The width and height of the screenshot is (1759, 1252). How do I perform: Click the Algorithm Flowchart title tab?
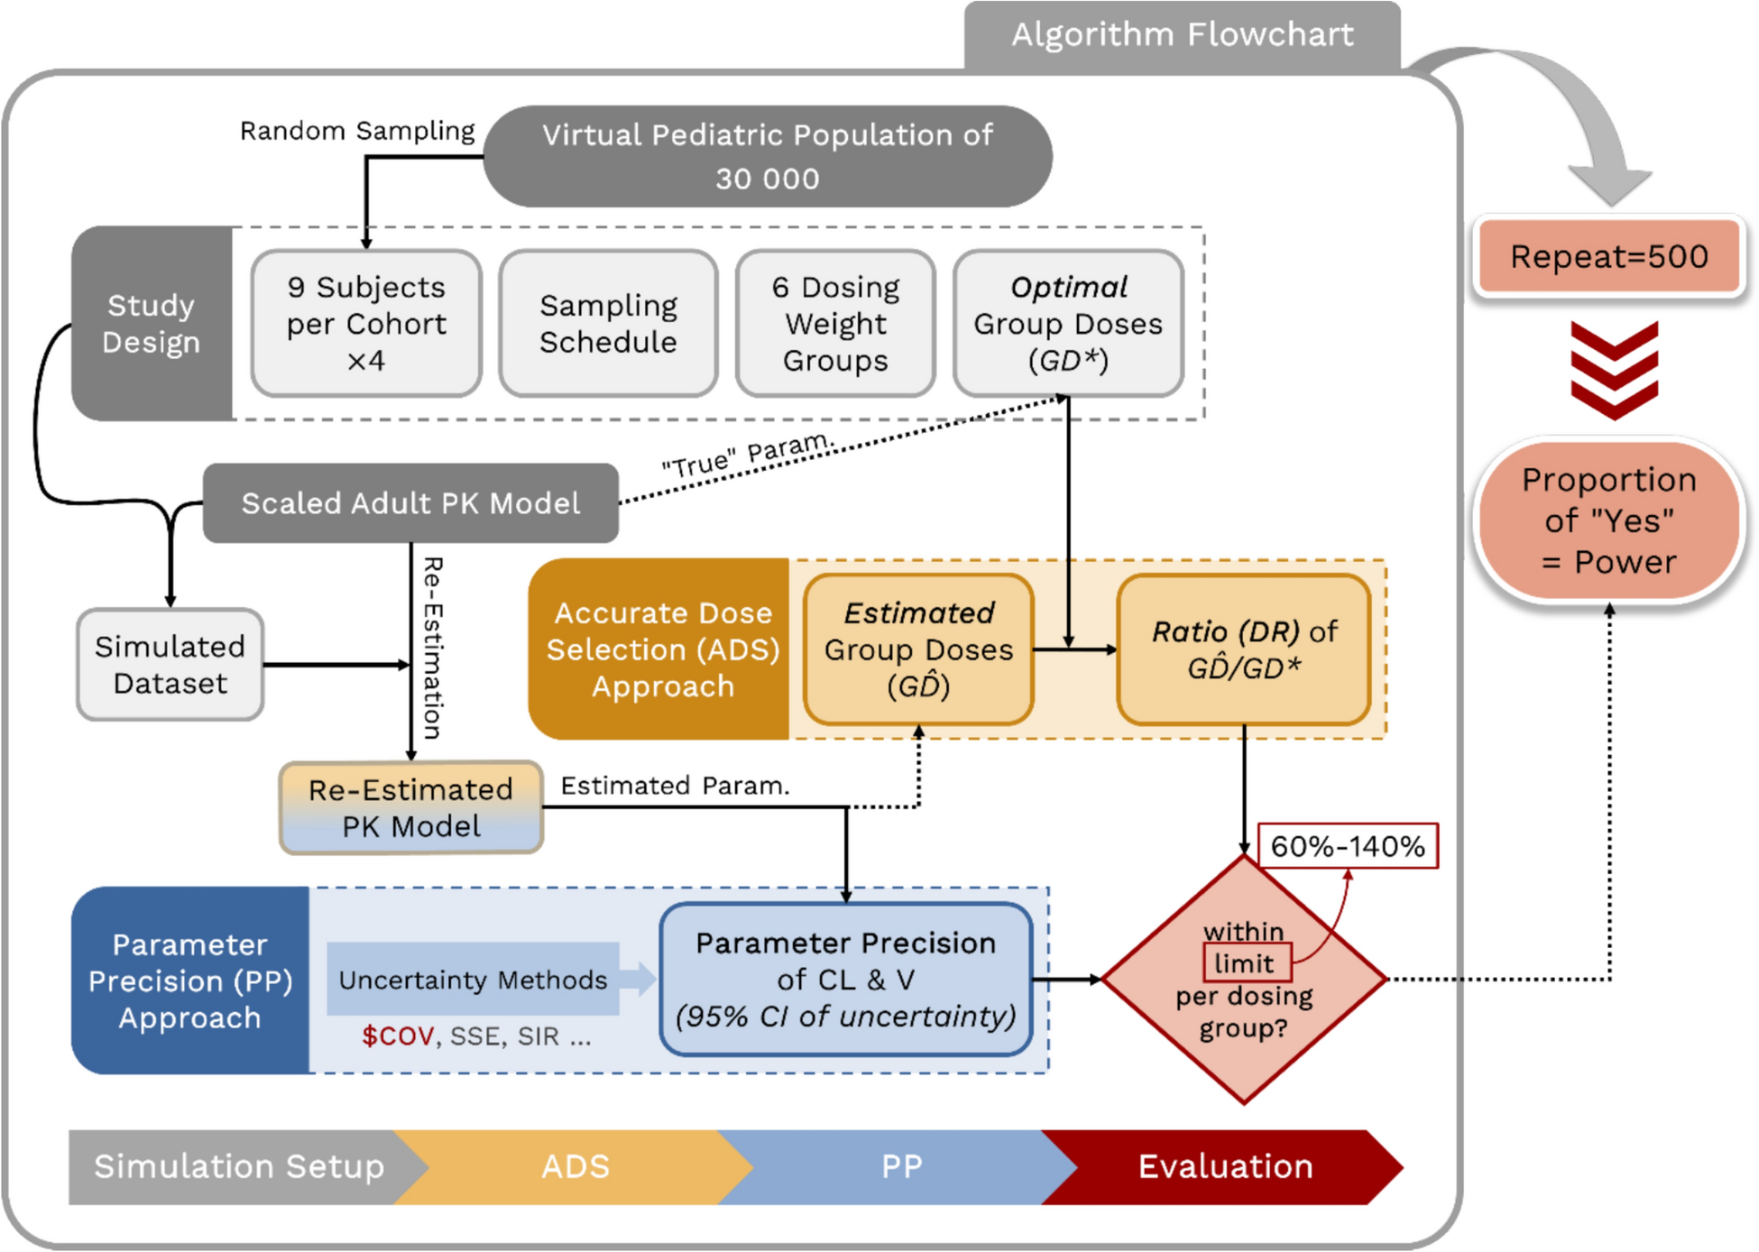[1182, 34]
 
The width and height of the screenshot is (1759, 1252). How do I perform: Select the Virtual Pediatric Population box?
[767, 156]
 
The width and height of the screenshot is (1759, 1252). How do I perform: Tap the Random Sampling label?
[357, 131]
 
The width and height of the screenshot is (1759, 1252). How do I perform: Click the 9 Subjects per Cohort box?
[366, 323]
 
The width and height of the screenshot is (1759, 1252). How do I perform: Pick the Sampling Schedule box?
[608, 323]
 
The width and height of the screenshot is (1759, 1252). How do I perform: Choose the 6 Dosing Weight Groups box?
[835, 323]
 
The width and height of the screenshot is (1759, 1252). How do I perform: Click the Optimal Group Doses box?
[1068, 323]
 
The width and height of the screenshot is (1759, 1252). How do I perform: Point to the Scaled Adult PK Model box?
[410, 502]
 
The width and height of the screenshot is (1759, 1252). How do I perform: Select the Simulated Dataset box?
[170, 665]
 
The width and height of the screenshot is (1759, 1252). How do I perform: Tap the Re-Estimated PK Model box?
[410, 807]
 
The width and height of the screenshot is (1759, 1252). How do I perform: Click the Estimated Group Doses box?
[918, 649]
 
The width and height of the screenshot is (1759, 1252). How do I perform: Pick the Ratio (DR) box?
[1244, 649]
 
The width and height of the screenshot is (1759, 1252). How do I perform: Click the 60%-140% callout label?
[1348, 846]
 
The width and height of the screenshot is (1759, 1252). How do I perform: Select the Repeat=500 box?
[1609, 256]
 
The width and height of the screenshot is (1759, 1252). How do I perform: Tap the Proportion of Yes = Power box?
[1609, 520]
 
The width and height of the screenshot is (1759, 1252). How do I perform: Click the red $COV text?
[398, 1036]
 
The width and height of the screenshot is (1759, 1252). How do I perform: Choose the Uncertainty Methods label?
[473, 980]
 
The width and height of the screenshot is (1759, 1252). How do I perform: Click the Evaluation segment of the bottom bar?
[1225, 1166]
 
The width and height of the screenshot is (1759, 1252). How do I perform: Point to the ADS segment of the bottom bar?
[576, 1166]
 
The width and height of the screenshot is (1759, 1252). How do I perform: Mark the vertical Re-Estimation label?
[433, 648]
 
